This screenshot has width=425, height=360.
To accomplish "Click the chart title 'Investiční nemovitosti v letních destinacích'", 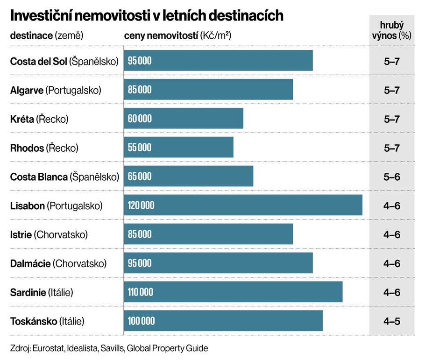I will pyautogui.click(x=147, y=15).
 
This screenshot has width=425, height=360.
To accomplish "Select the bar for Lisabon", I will pyautogui.click(x=243, y=205).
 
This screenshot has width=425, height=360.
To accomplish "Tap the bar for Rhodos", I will pyautogui.click(x=178, y=147).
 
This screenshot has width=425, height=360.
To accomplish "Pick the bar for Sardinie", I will pyautogui.click(x=233, y=292).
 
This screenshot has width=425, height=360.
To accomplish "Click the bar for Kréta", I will pyautogui.click(x=184, y=118).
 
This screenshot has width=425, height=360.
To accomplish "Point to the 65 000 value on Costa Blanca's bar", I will pyautogui.click(x=140, y=176).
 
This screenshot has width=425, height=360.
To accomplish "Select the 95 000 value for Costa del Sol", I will pyautogui.click(x=140, y=61).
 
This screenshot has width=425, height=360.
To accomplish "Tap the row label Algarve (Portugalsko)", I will pyautogui.click(x=56, y=90).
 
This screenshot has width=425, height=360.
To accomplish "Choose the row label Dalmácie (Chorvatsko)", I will pyautogui.click(x=58, y=263).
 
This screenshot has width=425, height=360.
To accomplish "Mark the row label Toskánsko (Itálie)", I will pyautogui.click(x=47, y=321).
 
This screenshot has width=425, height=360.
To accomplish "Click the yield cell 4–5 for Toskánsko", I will pyautogui.click(x=391, y=321).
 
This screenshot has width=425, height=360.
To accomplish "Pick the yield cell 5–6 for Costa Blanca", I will pyautogui.click(x=391, y=176).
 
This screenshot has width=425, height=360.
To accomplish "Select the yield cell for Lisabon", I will pyautogui.click(x=391, y=205).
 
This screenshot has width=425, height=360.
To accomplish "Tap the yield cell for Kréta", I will pyautogui.click(x=391, y=119).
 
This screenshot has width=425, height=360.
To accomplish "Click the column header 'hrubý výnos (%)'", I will pyautogui.click(x=391, y=30).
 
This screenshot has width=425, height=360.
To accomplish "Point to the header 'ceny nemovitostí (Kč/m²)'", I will pyautogui.click(x=178, y=36).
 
